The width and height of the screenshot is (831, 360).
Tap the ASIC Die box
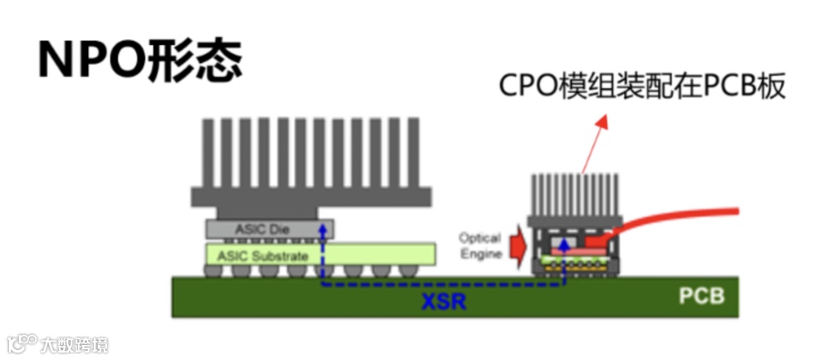coord(269,227)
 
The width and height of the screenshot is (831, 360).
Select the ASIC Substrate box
coord(320,254)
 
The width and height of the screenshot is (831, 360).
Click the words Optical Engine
coord(479,244)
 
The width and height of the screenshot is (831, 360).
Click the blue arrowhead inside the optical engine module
coord(566,244)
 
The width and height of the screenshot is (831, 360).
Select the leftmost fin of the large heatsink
coord(208,153)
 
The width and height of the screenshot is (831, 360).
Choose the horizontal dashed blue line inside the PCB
coord(440,285)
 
